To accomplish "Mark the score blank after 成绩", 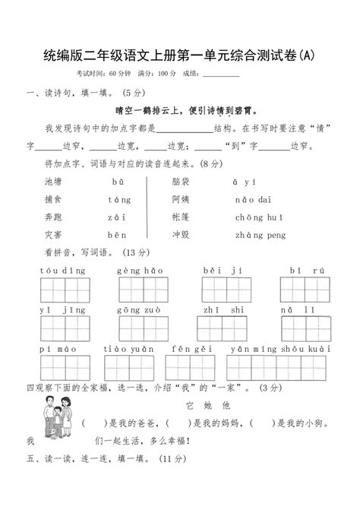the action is pyautogui.click(x=222, y=74).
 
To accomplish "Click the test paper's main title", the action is pyautogui.click(x=179, y=55).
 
